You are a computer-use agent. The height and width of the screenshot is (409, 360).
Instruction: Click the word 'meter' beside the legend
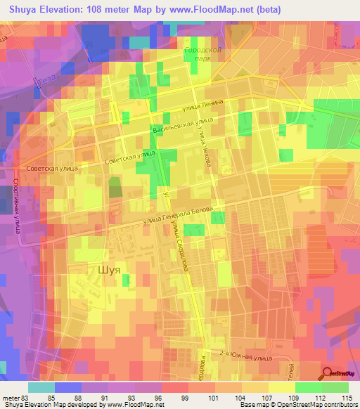[10, 397]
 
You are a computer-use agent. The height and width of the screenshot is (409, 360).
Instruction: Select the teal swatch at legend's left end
[41, 387]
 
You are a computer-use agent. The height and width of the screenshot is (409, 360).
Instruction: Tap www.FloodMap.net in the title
[212, 9]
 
